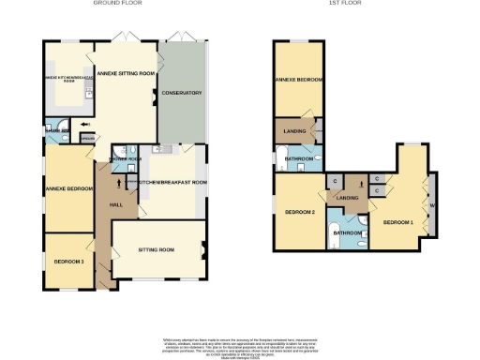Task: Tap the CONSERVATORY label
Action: pyautogui.click(x=182, y=93)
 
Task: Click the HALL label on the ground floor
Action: pyautogui.click(x=116, y=204)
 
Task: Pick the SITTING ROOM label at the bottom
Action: pyautogui.click(x=156, y=251)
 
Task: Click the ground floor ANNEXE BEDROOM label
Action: pyautogui.click(x=68, y=189)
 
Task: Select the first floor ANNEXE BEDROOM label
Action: pyautogui.click(x=298, y=80)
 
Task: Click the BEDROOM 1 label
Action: pyautogui.click(x=397, y=221)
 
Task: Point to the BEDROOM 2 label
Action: pyautogui.click(x=300, y=213)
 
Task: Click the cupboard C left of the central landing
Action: pyautogui.click(x=334, y=180)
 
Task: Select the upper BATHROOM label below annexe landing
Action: pyautogui.click(x=299, y=159)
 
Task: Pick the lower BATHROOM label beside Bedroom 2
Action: pyautogui.click(x=349, y=232)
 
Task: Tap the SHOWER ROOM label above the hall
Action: pyautogui.click(x=125, y=158)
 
